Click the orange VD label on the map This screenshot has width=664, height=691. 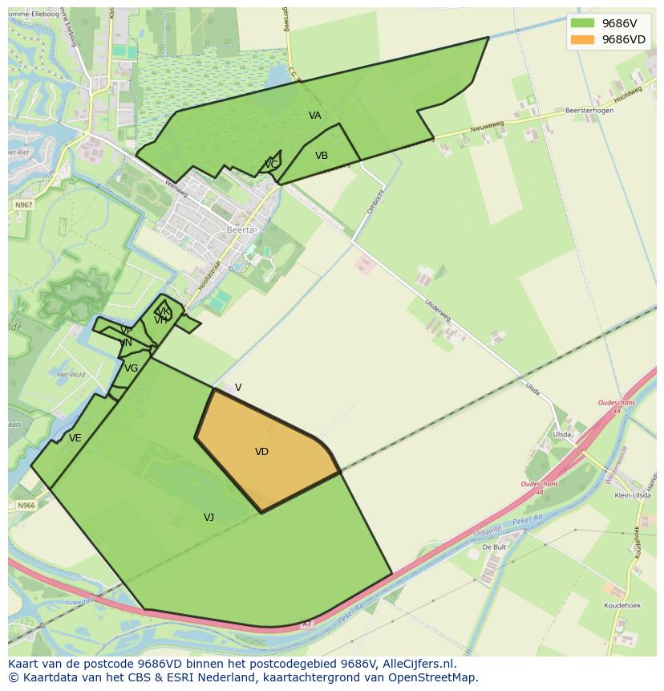(x=261, y=452)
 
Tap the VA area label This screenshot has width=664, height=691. (x=315, y=116)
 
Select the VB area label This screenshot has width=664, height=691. (x=322, y=156)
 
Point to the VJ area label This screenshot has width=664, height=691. (x=209, y=518)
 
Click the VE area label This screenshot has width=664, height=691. (x=75, y=438)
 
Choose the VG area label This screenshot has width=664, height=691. (x=132, y=368)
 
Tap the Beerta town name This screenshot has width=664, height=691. (x=240, y=230)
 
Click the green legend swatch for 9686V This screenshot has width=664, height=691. (x=582, y=23)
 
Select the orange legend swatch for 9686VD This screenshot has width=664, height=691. (x=582, y=39)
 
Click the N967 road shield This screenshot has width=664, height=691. (x=23, y=205)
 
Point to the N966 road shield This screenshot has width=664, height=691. (x=26, y=506)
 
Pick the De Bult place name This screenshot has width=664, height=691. (x=494, y=547)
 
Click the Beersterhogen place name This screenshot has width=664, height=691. (x=589, y=111)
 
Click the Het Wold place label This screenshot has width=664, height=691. (x=71, y=375)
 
